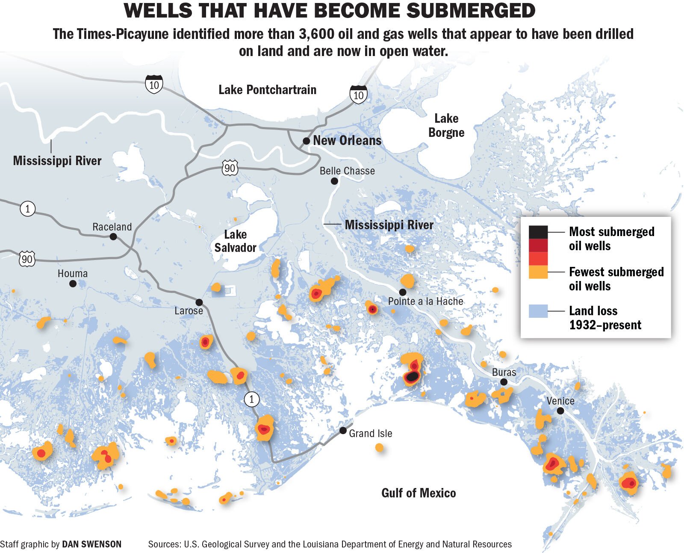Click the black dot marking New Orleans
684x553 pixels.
(306, 141)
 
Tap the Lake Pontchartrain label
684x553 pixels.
(267, 90)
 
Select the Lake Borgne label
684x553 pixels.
(446, 125)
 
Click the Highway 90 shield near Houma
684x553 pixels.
(27, 258)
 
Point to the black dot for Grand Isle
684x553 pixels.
(343, 430)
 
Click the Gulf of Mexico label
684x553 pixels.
(418, 493)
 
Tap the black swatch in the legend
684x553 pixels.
(538, 232)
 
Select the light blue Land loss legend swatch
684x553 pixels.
(538, 311)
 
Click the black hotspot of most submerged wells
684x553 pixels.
(412, 377)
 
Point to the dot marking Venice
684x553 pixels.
(560, 411)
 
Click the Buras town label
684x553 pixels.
(504, 372)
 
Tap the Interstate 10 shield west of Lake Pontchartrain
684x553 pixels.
(154, 84)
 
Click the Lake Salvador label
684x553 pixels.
(235, 241)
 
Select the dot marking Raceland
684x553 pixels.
(113, 237)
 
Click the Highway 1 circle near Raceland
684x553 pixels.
(28, 209)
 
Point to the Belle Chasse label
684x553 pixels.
(347, 171)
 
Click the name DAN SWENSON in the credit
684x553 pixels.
(91, 544)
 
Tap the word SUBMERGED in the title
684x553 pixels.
(470, 11)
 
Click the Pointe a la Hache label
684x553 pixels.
(425, 302)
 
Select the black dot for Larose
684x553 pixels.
(199, 302)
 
